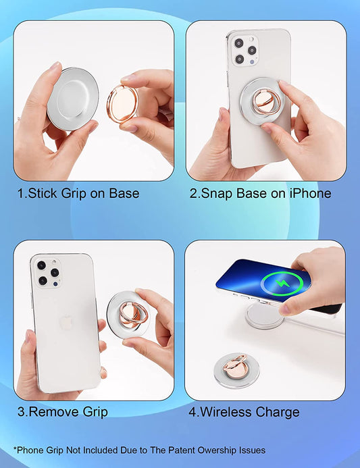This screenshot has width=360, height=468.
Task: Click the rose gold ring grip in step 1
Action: (x=122, y=105)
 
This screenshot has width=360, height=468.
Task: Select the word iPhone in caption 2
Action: (x=309, y=194)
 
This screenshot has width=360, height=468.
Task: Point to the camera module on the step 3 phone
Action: (x=48, y=272)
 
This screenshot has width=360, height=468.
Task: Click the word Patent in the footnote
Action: (x=168, y=450)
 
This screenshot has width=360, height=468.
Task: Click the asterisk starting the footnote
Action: (x=15, y=448)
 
